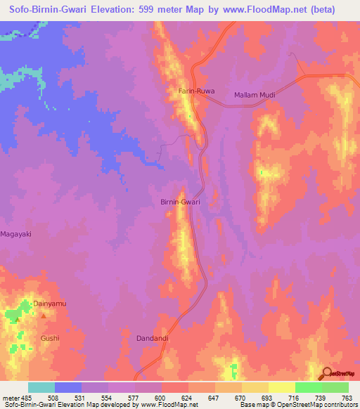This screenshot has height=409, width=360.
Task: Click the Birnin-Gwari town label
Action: click(x=181, y=202)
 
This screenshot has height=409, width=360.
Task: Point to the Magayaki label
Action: click(x=17, y=233)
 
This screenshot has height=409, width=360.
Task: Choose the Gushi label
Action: click(x=50, y=338)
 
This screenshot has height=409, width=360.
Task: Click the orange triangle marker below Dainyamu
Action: click(x=44, y=316)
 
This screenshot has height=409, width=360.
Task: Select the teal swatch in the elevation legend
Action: click(x=41, y=387)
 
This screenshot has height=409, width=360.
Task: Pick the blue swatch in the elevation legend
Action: click(x=68, y=387)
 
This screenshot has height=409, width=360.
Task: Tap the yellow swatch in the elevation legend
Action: click(x=255, y=387)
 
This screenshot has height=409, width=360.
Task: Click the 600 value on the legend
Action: click(x=149, y=398)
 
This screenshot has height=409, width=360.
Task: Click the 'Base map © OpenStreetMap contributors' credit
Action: click(x=298, y=405)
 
